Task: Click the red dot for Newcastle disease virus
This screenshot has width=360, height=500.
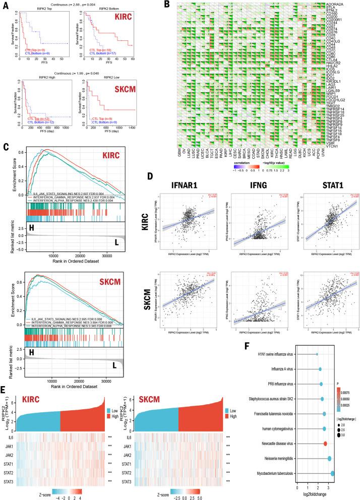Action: (x=326, y=443)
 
